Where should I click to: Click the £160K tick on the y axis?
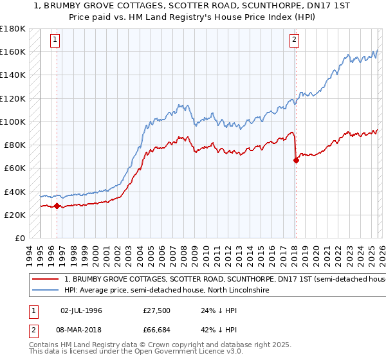[x=13, y=51]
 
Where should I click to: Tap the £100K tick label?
[x=13, y=122]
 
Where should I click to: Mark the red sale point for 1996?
[x=57, y=206]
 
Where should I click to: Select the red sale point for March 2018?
[x=296, y=161]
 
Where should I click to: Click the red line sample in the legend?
[x=46, y=280]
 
